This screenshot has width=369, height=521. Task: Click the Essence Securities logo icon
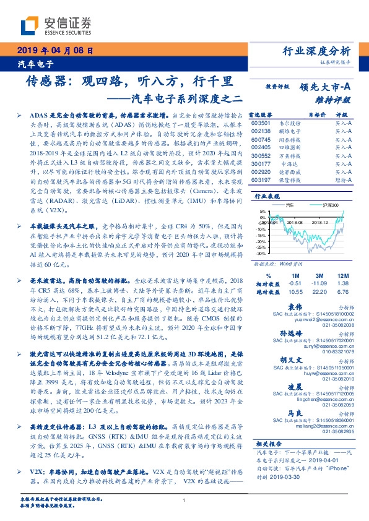tap(30, 24)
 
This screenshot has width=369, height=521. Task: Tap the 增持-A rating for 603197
tap(341, 179)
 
